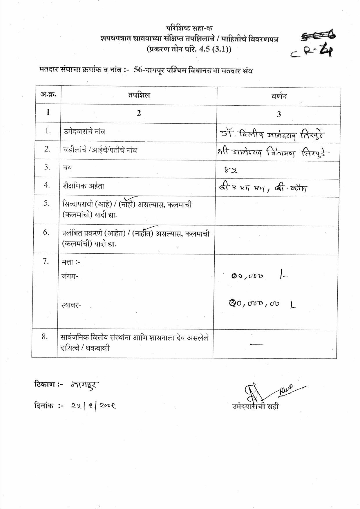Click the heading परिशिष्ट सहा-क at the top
click(x=189, y=28)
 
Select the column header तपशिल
click(x=139, y=95)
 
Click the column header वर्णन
click(x=279, y=96)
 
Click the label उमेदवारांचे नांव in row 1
click(x=84, y=132)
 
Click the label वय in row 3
click(x=68, y=168)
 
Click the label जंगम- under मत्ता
click(x=70, y=276)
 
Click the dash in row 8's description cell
click(x=256, y=344)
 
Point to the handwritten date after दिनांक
click(x=93, y=406)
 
